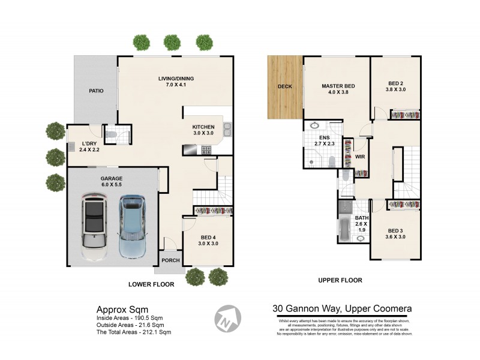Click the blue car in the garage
[x=131, y=226]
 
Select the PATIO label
[x=96, y=91]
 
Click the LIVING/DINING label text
[x=176, y=79]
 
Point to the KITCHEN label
[x=203, y=127]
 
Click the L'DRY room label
[x=89, y=143]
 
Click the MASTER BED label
[x=338, y=86]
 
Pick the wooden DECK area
[x=284, y=86]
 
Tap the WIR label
[x=360, y=157]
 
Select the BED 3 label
[x=396, y=231]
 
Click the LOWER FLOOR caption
[x=151, y=284]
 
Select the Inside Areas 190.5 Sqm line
[x=130, y=318]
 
